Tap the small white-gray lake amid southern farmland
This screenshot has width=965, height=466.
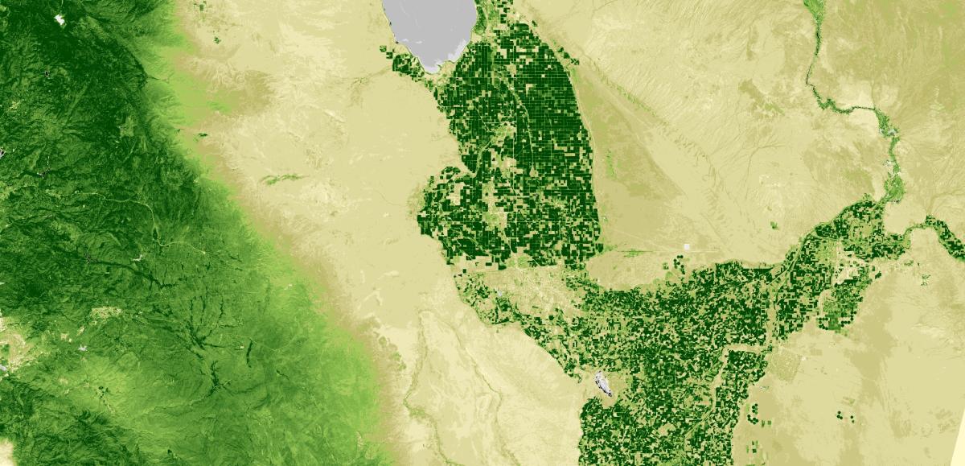point(602,383)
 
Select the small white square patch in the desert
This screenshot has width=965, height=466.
point(686,248)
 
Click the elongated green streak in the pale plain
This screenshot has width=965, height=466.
point(281,178)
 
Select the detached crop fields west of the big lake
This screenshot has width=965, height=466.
point(402,60)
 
